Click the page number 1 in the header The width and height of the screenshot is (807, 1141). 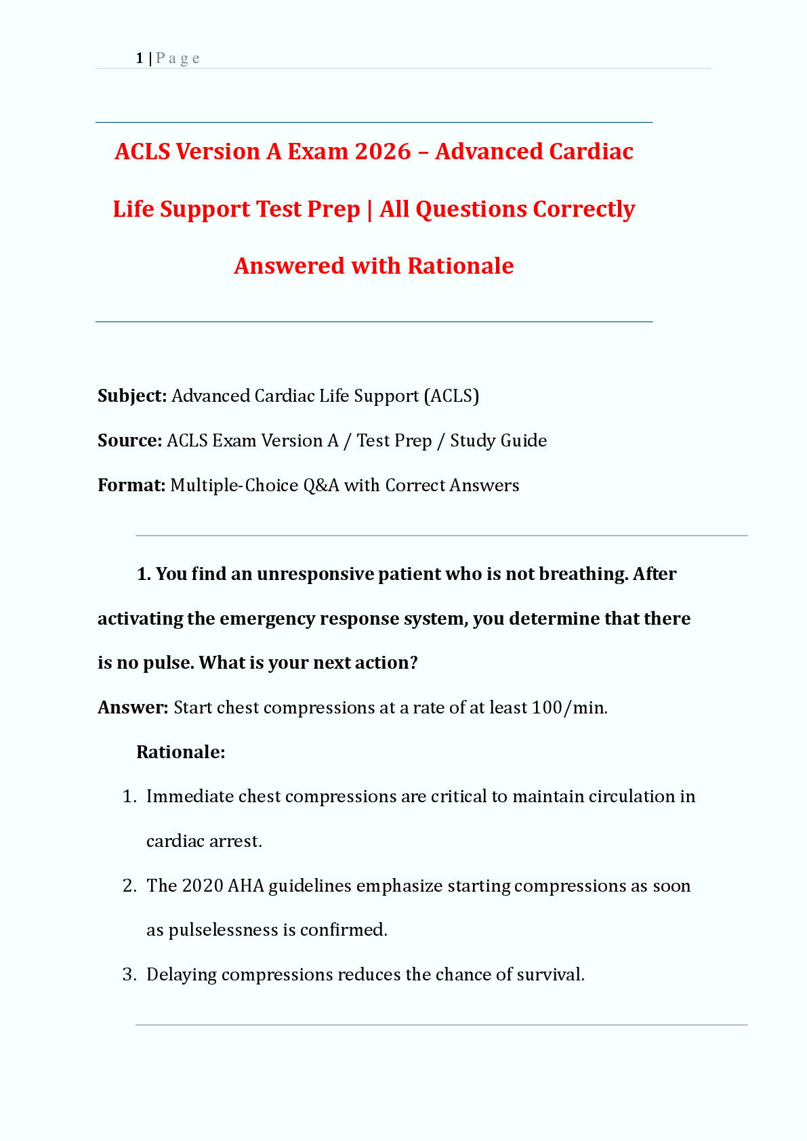tap(139, 58)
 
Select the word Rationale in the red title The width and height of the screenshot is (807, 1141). tap(460, 266)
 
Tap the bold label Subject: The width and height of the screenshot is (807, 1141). tap(132, 396)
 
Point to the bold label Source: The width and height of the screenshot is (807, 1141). tap(129, 440)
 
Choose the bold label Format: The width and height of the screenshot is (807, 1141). tap(131, 485)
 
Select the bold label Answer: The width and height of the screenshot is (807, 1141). tap(133, 707)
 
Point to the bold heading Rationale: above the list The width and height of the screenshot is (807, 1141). tap(180, 752)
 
